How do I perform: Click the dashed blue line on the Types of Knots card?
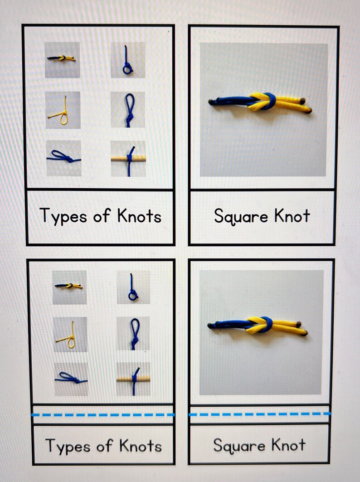[x=103, y=414]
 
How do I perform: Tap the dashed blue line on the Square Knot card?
[x=259, y=414]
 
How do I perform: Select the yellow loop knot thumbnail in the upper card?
[x=63, y=110]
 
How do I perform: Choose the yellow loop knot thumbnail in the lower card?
[x=69, y=335]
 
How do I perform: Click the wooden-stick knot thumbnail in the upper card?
[x=128, y=158]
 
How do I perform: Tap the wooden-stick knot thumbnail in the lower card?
[x=133, y=379]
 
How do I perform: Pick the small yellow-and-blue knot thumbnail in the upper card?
[x=62, y=59]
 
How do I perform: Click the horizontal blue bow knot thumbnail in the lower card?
[x=70, y=378]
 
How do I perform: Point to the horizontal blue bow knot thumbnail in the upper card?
[x=63, y=158]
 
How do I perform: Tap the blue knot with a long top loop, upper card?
[x=129, y=110]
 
